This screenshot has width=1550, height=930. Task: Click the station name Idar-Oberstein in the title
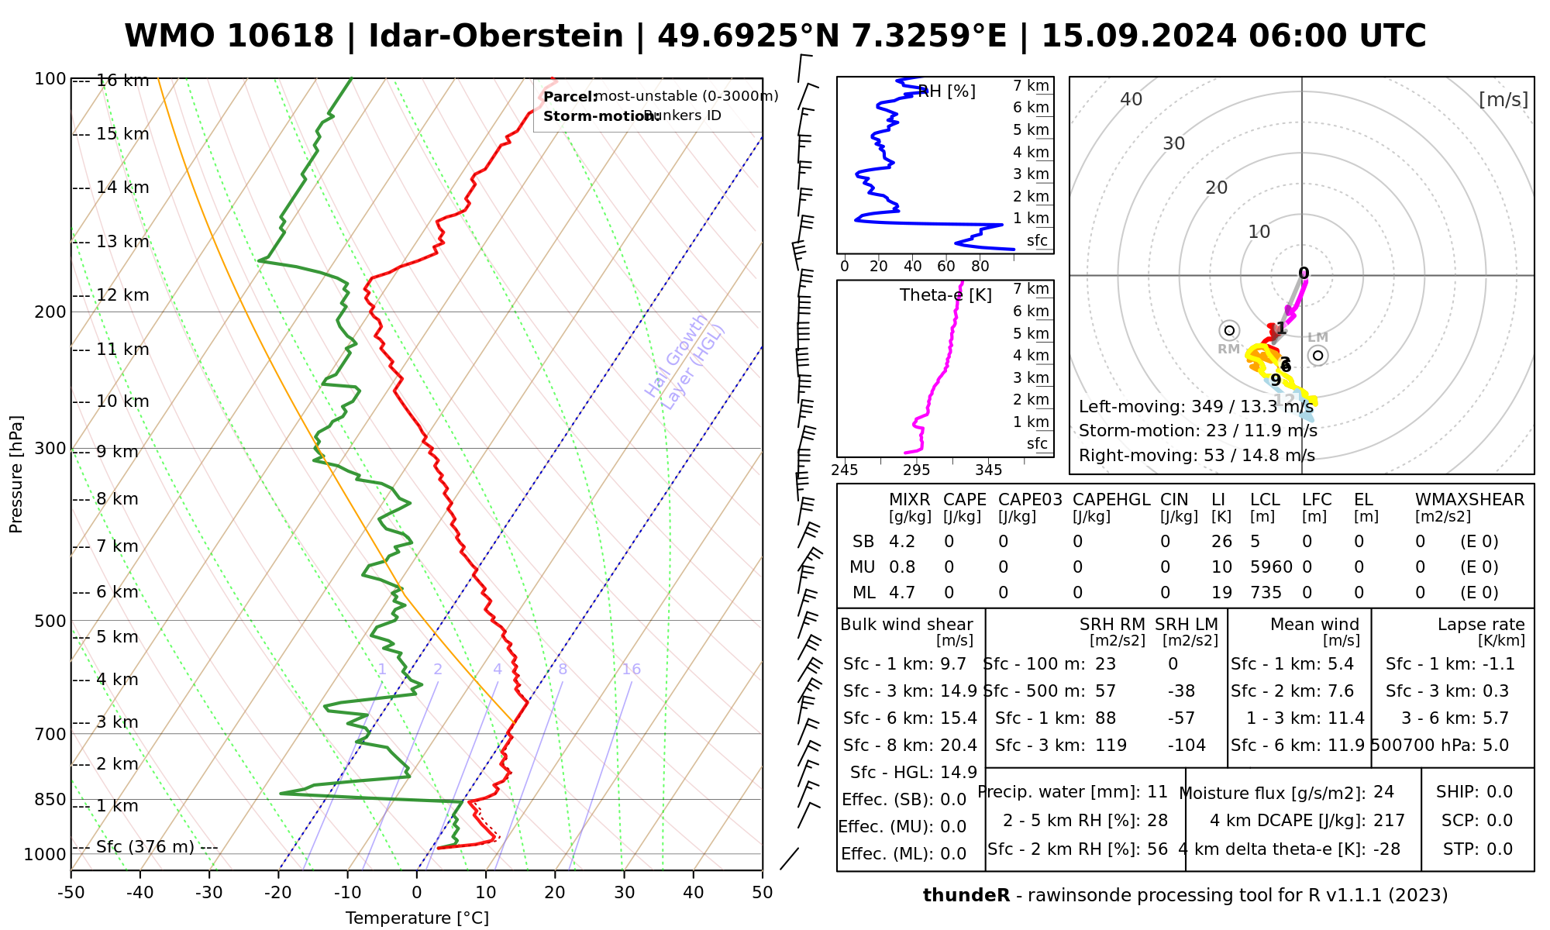pos(495,36)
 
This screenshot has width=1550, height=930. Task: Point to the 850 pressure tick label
pos(51,799)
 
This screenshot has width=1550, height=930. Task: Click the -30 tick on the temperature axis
pos(209,893)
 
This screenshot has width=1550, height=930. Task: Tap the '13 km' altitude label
pos(122,242)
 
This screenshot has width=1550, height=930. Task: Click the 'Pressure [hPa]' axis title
pos(16,474)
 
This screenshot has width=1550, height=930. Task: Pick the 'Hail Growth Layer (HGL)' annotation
pos(685,363)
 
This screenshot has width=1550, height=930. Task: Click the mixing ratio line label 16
pos(631,670)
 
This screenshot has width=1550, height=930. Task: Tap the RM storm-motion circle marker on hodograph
pos(1229,330)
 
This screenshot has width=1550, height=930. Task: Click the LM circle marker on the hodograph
pos(1317,355)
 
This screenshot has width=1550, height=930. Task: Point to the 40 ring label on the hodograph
pos(1131,99)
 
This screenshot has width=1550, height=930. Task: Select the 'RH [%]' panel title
pos(946,91)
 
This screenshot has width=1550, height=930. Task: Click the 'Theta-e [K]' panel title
pos(945,295)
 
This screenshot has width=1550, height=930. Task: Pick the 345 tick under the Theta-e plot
pos(988,470)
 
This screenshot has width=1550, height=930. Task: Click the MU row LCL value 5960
pos(1271,567)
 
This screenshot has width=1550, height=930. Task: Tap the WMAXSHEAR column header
pos(1469,500)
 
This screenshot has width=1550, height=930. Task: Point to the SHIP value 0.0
pos(1500,792)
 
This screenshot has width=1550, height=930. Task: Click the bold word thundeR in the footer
pos(966,896)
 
